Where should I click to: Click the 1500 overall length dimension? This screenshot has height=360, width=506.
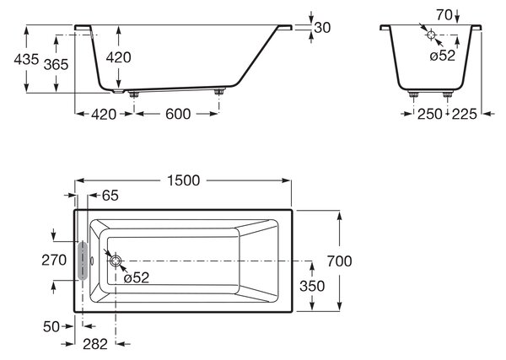pos(184,180)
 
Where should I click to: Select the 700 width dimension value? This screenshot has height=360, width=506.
pos(340,261)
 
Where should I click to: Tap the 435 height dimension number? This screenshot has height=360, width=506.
pos(26,59)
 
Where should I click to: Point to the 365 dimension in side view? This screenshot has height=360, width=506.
pos(57,65)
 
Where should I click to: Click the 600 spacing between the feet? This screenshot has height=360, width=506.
pos(178,114)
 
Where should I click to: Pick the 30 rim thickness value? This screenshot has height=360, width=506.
pos(322,28)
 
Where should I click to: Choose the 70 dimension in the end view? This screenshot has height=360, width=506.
pos(444,15)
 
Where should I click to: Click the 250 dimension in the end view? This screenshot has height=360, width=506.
pos(430,114)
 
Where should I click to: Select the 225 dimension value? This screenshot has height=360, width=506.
pos(464,114)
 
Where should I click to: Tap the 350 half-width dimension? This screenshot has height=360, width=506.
pos(312,286)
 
